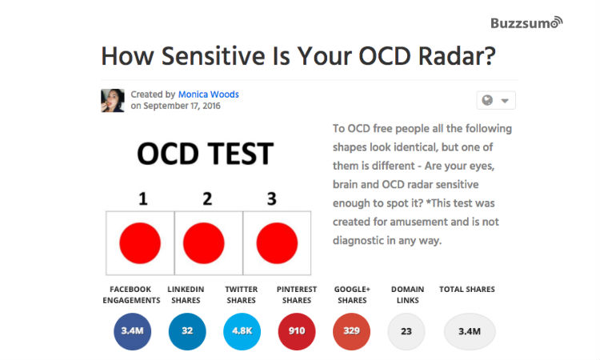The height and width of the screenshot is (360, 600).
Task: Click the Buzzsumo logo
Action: pyautogui.click(x=526, y=22)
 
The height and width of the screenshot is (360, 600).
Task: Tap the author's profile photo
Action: pyautogui.click(x=113, y=100)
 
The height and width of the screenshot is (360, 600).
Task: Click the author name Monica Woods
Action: pyautogui.click(x=208, y=94)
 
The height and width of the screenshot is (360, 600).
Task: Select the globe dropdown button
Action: pyautogui.click(x=496, y=100)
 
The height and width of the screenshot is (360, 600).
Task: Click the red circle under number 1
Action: pyautogui.click(x=140, y=242)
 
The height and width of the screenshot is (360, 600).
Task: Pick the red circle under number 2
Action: pyautogui.click(x=204, y=242)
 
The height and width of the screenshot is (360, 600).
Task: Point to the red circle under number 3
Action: pyautogui.click(x=277, y=242)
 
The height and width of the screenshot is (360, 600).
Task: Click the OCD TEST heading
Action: pyautogui.click(x=205, y=154)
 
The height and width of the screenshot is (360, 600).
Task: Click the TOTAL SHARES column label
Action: pyautogui.click(x=467, y=289)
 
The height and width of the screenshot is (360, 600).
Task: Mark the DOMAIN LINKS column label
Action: pyautogui.click(x=406, y=294)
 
